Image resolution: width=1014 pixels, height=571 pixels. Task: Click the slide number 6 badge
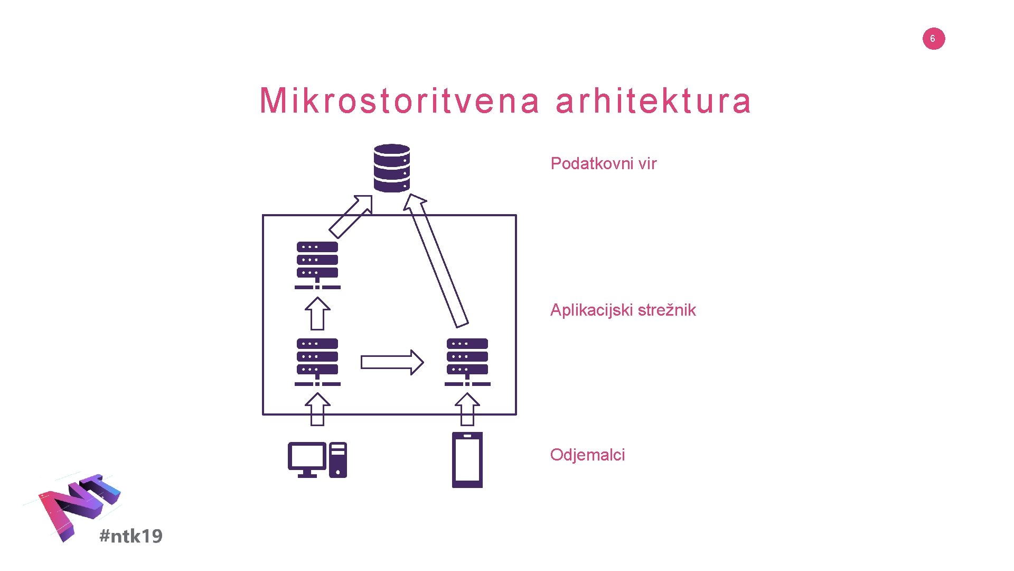pos(933,39)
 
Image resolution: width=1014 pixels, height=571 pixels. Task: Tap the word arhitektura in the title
pos(653,100)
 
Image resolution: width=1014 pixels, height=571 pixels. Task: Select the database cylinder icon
pos(391,168)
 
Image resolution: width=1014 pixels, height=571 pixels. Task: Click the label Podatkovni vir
pos(603,163)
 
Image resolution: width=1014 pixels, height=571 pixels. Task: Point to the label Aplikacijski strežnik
pos(623,310)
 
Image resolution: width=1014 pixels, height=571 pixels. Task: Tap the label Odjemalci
pos(587,455)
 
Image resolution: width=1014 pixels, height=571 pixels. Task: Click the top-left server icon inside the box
pos(317,265)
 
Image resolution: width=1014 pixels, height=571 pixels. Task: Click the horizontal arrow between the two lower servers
pos(392,362)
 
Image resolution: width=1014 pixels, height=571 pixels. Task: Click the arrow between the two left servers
pos(317,314)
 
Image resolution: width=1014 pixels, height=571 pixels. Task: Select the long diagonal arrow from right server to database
pos(436,260)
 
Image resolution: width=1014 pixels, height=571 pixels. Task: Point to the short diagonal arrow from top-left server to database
pos(351,216)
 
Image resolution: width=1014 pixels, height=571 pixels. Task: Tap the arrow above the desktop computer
pos(317,409)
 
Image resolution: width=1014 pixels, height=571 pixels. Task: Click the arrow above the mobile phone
pos(467,409)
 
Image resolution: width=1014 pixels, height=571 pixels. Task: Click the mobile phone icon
pos(467,459)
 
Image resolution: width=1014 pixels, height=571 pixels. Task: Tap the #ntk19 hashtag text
pos(131,536)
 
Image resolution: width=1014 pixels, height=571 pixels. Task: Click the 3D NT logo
pos(79,505)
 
